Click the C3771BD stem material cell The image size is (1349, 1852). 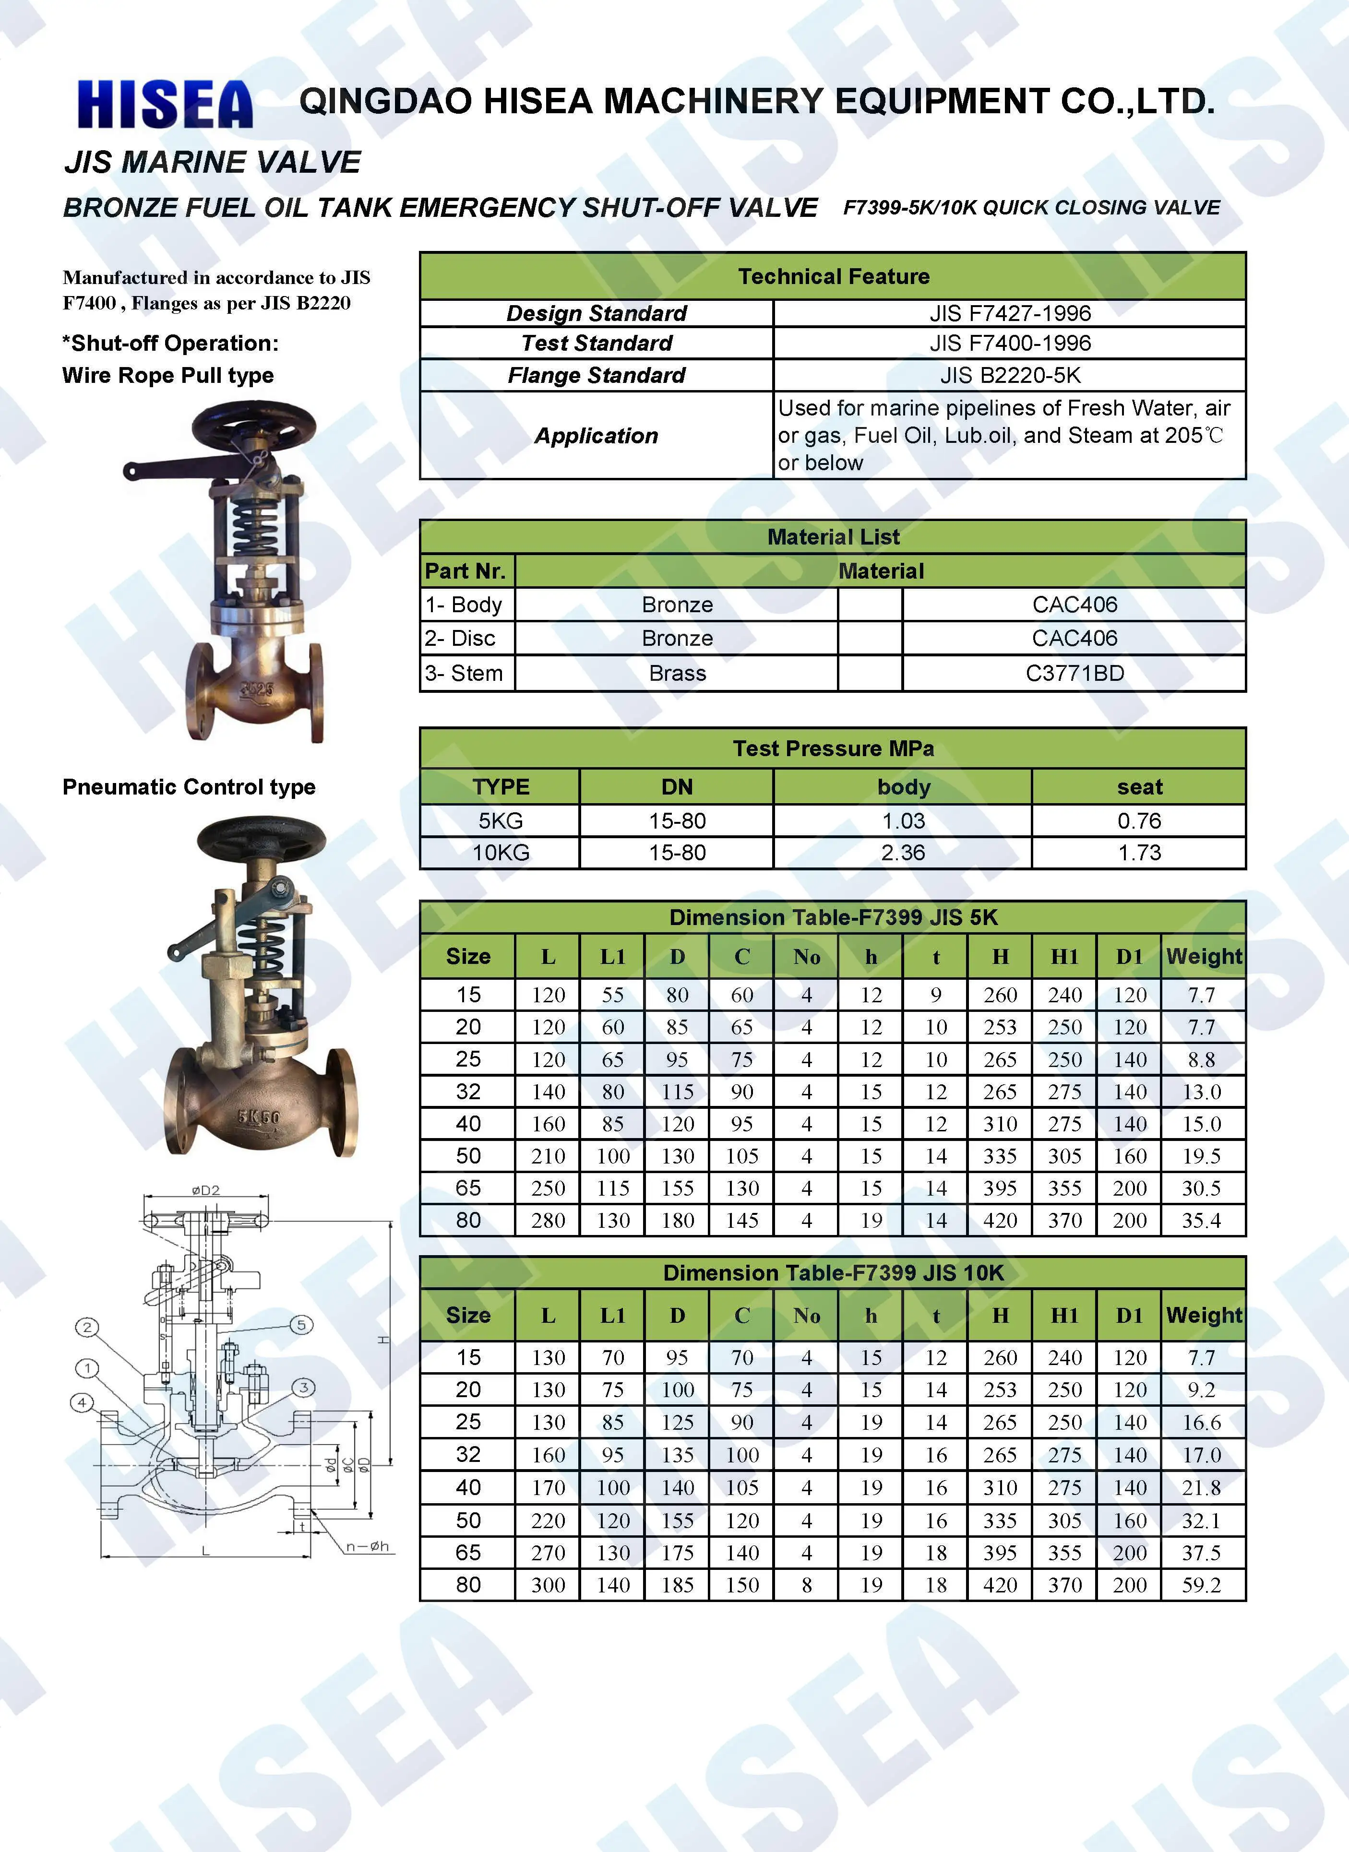click(1074, 674)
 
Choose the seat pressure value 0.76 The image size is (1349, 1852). click(1139, 820)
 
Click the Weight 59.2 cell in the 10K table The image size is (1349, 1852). click(1201, 1585)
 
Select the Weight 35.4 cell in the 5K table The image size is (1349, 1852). click(1201, 1221)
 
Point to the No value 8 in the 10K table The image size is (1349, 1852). click(807, 1585)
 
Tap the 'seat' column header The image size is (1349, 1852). click(1139, 787)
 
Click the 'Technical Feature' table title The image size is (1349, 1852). click(833, 277)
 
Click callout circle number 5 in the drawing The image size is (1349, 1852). click(301, 1325)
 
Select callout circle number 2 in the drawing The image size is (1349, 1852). click(87, 1327)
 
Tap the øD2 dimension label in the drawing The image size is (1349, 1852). click(206, 1190)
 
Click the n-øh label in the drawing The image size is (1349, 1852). click(368, 1546)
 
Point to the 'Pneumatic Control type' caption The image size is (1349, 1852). click(189, 787)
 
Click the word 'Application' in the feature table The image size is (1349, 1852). click(596, 436)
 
